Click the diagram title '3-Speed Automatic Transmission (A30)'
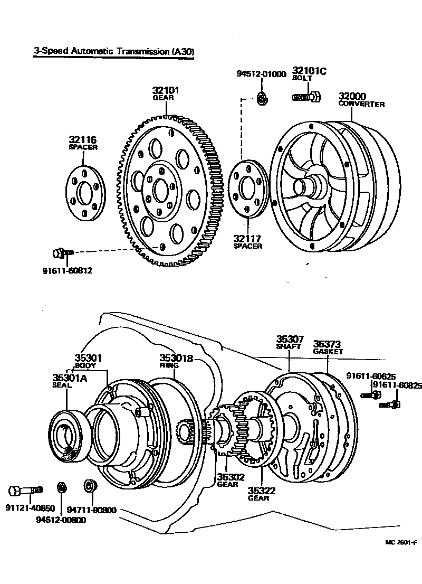[x=113, y=52]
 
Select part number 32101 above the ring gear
[x=166, y=90]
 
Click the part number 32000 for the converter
[x=352, y=96]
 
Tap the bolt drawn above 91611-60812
[x=63, y=253]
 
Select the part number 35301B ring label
[x=177, y=357]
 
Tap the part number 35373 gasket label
[x=328, y=343]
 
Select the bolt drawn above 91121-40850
[x=25, y=491]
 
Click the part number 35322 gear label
[x=262, y=491]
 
